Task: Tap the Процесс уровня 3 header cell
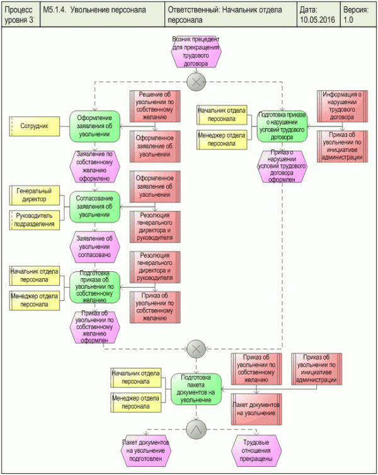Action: coord(20,15)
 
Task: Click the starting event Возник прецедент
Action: coord(196,52)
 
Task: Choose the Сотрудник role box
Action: coord(35,125)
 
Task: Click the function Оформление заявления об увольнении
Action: coord(94,125)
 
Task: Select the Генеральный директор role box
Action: coord(35,196)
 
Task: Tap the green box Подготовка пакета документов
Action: coord(196,387)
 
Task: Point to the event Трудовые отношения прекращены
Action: coord(256,450)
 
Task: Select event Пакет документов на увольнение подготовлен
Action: coord(146,450)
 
